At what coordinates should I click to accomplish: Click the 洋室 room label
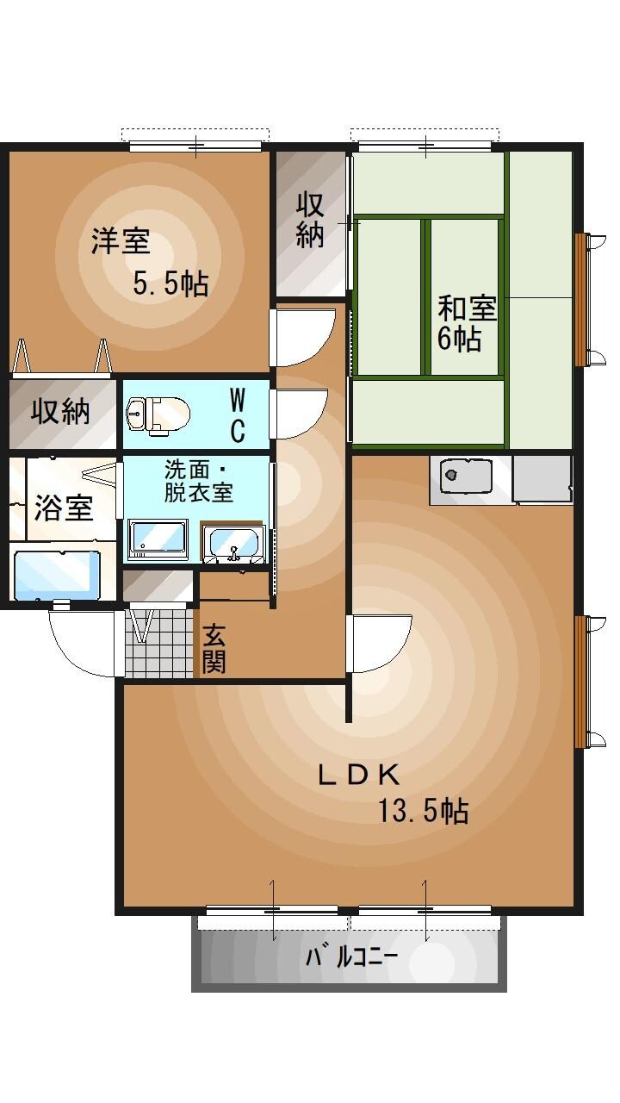pos(121,242)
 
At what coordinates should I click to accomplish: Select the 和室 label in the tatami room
pos(467,308)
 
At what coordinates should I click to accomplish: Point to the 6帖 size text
pos(459,339)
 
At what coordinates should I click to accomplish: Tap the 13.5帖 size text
pos(424,810)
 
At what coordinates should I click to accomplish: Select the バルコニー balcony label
pos(350,957)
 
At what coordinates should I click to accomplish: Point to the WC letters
pos(238,414)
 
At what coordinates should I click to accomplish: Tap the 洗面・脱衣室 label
pos(199,483)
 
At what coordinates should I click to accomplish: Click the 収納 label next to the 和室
pos(310,220)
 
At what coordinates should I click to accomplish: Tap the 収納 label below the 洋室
pos(61,412)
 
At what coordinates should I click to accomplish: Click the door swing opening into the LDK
pos(379,643)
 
